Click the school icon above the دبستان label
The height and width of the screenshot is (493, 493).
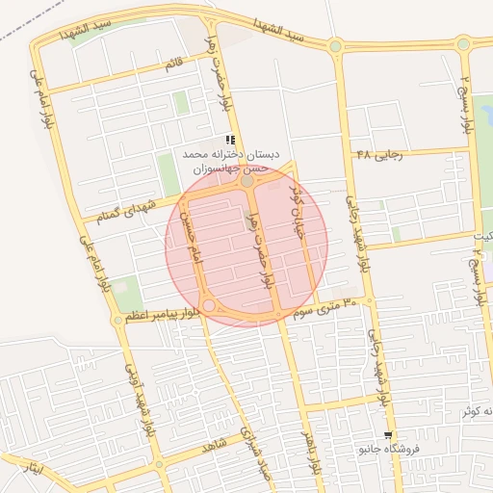229,140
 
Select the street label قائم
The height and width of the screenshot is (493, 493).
173,65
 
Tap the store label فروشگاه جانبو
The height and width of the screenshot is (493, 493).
383,450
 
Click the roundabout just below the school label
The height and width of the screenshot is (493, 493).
247,180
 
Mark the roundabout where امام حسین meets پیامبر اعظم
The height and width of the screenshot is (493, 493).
209,305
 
